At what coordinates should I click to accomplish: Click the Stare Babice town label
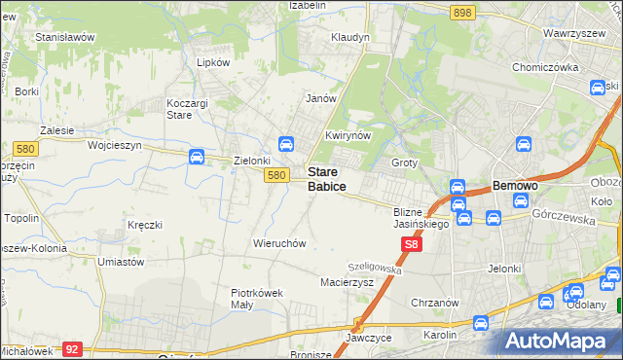pos(326,178)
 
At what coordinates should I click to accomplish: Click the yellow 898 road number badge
pos(462,12)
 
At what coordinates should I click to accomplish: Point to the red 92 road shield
pos(72,347)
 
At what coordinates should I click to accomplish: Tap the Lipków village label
pos(213,61)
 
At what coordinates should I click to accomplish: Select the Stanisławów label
pos(64,37)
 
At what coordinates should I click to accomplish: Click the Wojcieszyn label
pos(115,145)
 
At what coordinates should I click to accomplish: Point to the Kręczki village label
pos(144,225)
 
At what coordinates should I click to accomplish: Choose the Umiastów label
pos(122,262)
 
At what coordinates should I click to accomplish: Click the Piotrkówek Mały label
pos(255,298)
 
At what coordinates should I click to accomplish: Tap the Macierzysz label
pos(347,282)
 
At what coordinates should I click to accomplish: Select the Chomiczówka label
pos(545,68)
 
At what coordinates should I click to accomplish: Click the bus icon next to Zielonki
pos(196,157)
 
